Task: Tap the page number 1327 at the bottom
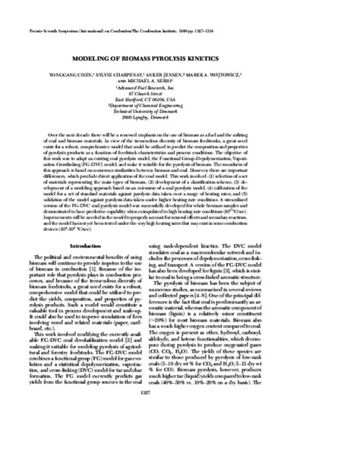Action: [179, 436]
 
